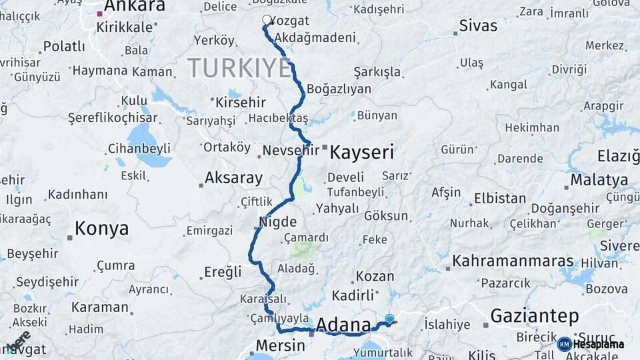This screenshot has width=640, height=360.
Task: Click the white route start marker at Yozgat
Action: pyautogui.click(x=267, y=20)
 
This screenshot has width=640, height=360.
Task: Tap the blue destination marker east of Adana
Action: pyautogui.click(x=389, y=319)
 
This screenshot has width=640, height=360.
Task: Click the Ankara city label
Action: pyautogui.click(x=134, y=7)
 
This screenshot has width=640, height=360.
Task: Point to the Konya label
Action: pyautogui.click(x=101, y=229)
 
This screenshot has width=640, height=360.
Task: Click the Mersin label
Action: pyautogui.click(x=280, y=347)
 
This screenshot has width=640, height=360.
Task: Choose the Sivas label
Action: pyautogui.click(x=478, y=26)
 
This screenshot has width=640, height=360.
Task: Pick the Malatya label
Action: pyautogui.click(x=599, y=180)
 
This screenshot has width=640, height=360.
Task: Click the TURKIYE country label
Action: pyautogui.click(x=239, y=69)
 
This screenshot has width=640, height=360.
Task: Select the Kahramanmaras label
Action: pyautogui.click(x=513, y=261)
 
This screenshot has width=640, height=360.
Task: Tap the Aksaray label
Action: pyautogui.click(x=233, y=178)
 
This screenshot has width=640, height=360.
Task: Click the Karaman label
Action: pyautogui.click(x=99, y=307)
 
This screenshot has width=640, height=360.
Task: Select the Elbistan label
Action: pyautogui.click(x=499, y=199)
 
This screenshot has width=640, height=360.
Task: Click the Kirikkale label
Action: pyautogui.click(x=125, y=27)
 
